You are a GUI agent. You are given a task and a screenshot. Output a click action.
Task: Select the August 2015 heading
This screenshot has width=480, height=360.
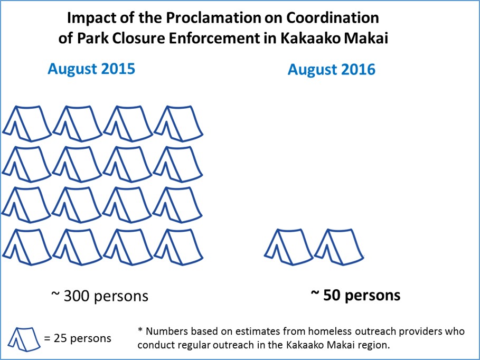[x=91, y=69]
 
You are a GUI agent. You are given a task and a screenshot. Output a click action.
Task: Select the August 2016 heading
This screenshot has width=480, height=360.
[x=332, y=69]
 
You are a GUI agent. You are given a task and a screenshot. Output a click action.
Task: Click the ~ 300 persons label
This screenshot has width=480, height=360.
[x=99, y=296]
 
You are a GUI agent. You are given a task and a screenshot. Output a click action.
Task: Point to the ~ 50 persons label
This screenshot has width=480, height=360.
[x=355, y=295]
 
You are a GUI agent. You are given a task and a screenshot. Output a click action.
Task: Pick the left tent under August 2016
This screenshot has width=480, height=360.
[x=289, y=245]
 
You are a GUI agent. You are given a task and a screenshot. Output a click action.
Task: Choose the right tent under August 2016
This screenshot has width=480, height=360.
[x=338, y=245]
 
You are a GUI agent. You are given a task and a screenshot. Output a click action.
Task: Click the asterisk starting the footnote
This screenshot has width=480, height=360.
[x=140, y=330]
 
